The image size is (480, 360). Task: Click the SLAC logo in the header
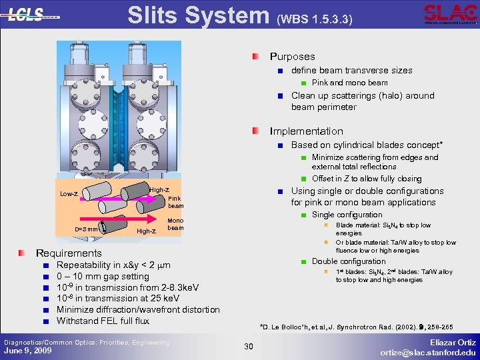(450, 14)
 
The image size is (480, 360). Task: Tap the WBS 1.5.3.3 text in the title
(314, 20)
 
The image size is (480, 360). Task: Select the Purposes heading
(292, 57)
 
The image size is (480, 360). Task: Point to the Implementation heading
(306, 131)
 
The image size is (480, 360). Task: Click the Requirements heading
(68, 253)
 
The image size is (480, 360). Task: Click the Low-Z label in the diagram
(69, 194)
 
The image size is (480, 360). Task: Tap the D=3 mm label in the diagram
(86, 230)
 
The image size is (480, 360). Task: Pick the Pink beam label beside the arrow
(175, 202)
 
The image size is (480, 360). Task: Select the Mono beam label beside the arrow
(175, 224)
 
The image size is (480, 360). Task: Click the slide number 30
(248, 346)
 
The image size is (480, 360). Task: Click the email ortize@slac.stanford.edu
(428, 352)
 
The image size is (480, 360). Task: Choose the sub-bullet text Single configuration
(347, 215)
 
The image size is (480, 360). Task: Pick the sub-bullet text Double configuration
(349, 261)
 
